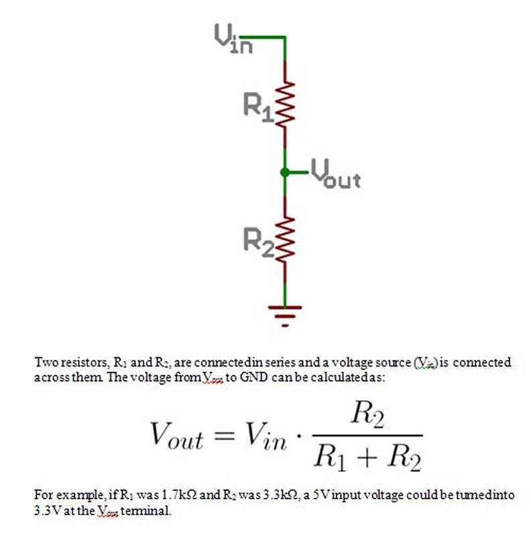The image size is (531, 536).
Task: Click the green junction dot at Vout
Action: (x=286, y=172)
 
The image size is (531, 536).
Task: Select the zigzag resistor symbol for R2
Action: (x=286, y=237)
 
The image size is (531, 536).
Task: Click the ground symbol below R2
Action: (x=286, y=314)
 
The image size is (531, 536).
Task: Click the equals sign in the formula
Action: (x=222, y=438)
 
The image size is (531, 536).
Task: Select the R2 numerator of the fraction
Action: (x=367, y=418)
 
